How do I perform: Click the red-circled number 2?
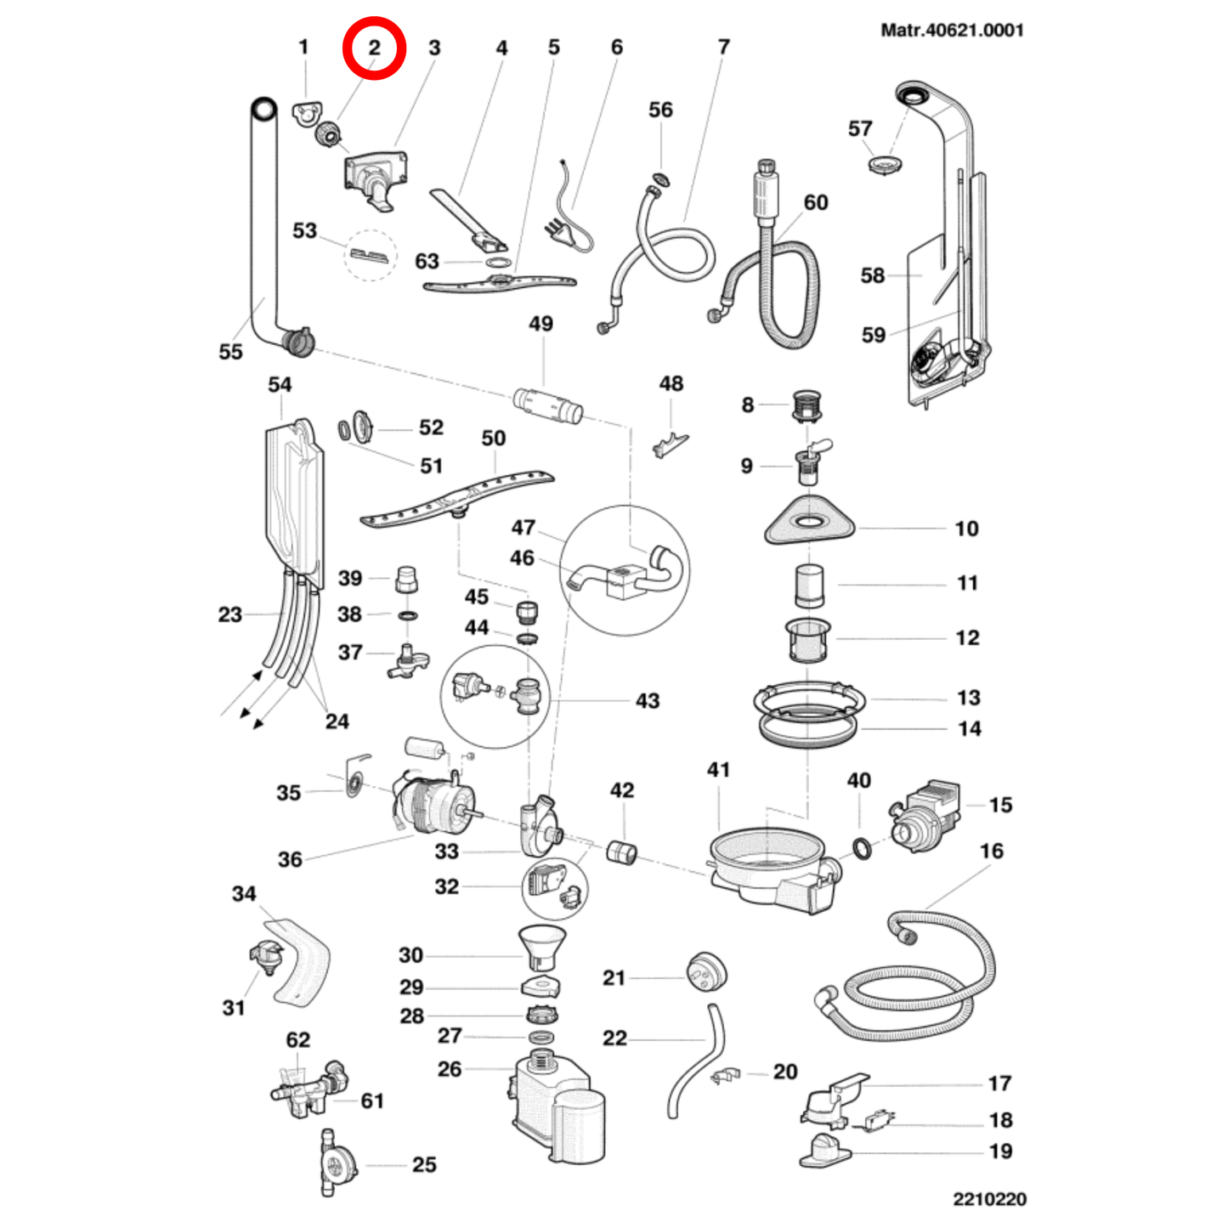[x=374, y=48]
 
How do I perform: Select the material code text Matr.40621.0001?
[x=952, y=31]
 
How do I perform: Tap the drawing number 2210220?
[x=989, y=1198]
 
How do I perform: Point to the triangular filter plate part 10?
[x=809, y=520]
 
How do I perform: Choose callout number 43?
[x=648, y=701]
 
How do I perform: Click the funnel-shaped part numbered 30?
[x=541, y=945]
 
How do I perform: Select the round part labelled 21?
[x=705, y=971]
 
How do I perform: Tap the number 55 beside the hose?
[x=230, y=352]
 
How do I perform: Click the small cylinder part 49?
[x=548, y=404]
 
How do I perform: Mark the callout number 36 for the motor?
[x=290, y=859]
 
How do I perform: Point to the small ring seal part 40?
[x=861, y=847]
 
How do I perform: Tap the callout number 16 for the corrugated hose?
[x=991, y=851]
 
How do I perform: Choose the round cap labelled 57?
[x=885, y=163]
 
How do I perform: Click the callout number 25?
[x=424, y=1164]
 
